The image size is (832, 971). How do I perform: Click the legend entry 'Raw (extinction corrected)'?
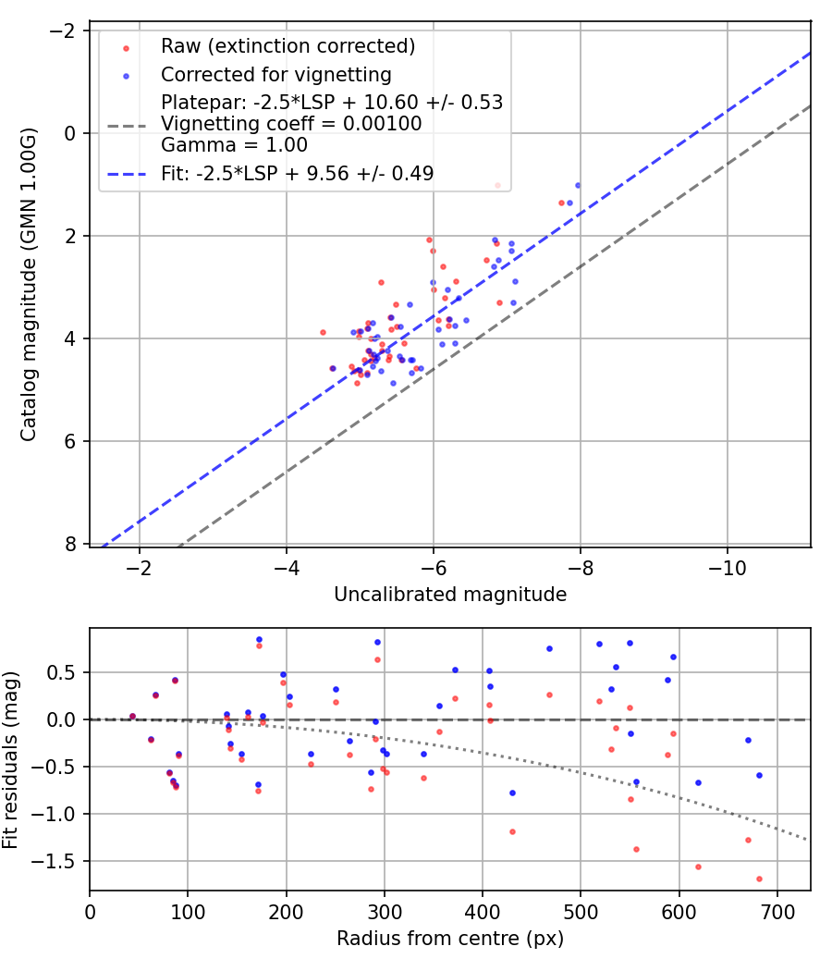[x=288, y=46]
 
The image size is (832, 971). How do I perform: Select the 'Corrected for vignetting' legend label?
[x=275, y=74]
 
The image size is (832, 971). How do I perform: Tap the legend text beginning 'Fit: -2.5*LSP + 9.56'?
[x=297, y=173]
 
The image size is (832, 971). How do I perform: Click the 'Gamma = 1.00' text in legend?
[x=234, y=144]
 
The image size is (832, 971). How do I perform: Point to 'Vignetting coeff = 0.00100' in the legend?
[x=291, y=124]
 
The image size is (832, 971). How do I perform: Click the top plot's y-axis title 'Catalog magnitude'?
[x=29, y=285]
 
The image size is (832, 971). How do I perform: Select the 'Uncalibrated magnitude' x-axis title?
[x=450, y=595]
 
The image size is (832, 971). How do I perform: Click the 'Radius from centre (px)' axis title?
[x=450, y=939]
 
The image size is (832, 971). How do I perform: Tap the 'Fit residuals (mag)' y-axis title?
[x=11, y=760]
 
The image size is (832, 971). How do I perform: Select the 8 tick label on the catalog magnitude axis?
[x=71, y=544]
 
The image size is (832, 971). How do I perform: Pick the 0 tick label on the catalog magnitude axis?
[x=71, y=133]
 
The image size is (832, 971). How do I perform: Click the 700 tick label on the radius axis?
[x=777, y=910]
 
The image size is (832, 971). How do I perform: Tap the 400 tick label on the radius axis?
[x=483, y=910]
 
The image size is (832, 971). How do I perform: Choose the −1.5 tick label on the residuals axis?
[x=57, y=861]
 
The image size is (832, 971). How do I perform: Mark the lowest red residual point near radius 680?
[x=759, y=879]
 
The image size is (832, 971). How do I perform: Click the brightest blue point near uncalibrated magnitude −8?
[x=578, y=185]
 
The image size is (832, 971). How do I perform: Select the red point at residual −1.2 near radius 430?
[x=512, y=831]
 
